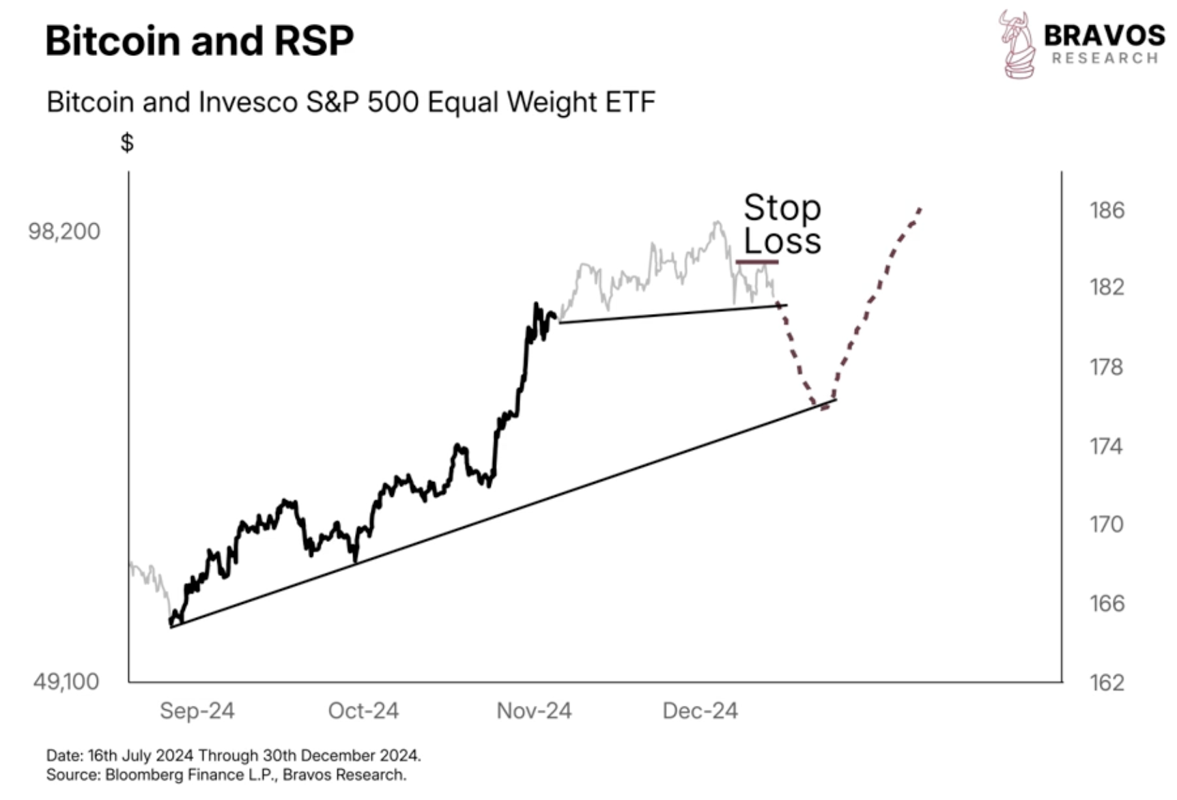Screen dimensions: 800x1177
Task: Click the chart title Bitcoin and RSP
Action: coord(199,40)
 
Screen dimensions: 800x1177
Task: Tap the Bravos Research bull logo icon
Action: coord(1017,45)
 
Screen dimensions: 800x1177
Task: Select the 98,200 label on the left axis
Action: coord(64,231)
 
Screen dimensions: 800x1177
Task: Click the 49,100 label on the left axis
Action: coord(66,681)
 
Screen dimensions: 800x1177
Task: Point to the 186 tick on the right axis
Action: coord(1107,210)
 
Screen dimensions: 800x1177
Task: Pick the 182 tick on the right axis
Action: coord(1107,287)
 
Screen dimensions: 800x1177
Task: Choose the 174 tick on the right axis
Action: coord(1107,446)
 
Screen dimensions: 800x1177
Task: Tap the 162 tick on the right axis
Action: coord(1107,683)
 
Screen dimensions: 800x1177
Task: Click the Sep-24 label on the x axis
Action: coord(197,711)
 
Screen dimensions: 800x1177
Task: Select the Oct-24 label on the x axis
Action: coord(363,711)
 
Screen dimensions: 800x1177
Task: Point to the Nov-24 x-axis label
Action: coord(534,711)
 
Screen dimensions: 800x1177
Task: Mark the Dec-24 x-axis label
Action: coord(700,711)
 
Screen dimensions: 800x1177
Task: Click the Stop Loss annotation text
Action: coord(782,224)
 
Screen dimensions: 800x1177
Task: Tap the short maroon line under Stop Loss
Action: coord(756,261)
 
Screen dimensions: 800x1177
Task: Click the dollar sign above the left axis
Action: coord(127,143)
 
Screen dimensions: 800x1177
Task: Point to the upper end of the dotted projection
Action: coord(921,208)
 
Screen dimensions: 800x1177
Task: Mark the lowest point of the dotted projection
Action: coord(825,408)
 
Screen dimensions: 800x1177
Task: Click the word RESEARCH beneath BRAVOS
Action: coord(1105,59)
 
